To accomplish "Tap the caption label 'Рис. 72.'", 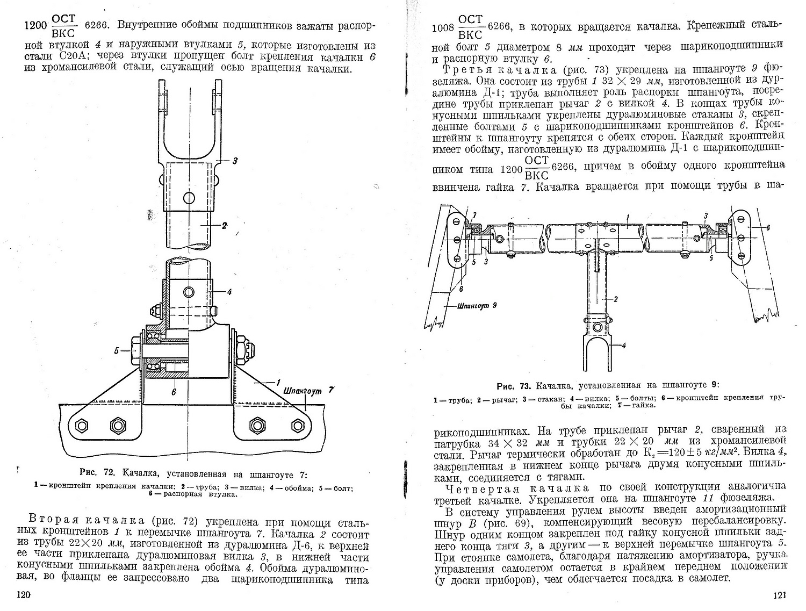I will click(97, 473).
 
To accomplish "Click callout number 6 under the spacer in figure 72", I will click(173, 392).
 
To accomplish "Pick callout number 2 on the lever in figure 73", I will click(616, 298).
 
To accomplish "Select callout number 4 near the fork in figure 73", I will click(623, 346).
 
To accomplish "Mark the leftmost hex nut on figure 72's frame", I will click(82, 426).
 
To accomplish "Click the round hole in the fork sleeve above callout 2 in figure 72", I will click(189, 198).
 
